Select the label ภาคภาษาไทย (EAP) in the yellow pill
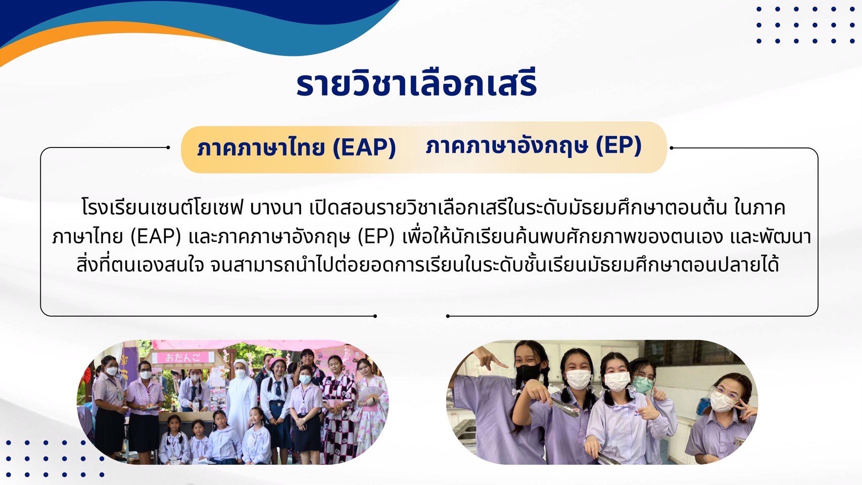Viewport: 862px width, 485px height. [x=296, y=148]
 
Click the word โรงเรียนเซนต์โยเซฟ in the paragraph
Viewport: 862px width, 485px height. [x=163, y=208]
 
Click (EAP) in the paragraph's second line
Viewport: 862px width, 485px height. [x=156, y=237]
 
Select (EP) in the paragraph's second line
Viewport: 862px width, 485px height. [x=376, y=237]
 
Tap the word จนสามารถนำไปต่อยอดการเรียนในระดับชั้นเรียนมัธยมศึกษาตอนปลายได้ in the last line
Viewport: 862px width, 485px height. [x=495, y=265]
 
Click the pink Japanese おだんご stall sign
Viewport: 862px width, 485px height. [x=183, y=358]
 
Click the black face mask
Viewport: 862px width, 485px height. [x=528, y=373]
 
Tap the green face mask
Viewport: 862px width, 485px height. [x=642, y=384]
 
